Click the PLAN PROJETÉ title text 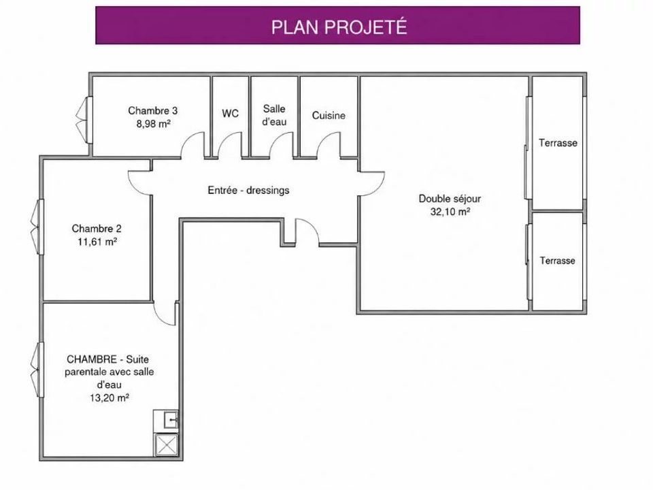(339, 27)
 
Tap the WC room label (231, 114)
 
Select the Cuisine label (329, 116)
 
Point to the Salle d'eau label (274, 115)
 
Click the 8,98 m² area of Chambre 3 (154, 123)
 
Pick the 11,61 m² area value (97, 242)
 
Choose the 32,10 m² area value (450, 212)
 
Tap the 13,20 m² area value (109, 397)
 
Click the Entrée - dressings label (249, 191)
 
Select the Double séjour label (450, 199)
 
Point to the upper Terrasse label (558, 143)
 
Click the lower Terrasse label (558, 261)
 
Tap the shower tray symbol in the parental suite (166, 444)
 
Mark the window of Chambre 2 (37, 227)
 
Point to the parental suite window (37, 370)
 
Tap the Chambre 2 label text (97, 229)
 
